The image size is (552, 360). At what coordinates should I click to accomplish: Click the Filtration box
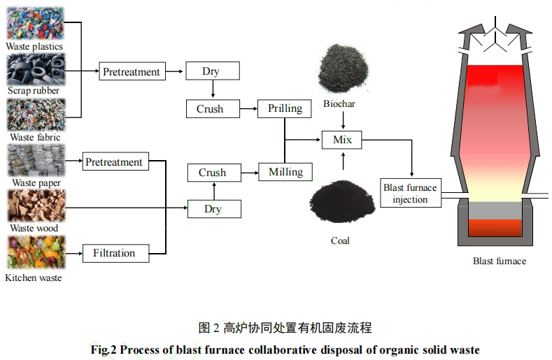coord(113,252)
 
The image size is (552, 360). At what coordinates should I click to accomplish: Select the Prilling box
coord(285,108)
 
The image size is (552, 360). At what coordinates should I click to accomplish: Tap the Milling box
coord(285,172)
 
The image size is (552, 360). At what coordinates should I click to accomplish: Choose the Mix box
coord(342,140)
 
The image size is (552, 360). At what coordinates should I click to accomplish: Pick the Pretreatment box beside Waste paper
coord(113,162)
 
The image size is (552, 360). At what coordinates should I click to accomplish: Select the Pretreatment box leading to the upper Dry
coord(131,71)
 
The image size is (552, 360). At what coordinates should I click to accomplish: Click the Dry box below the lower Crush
coord(212,208)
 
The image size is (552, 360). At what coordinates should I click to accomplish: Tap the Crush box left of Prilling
coord(210,108)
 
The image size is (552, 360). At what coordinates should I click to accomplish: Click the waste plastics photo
coord(36,22)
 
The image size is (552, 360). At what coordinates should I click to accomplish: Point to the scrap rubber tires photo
coord(36,68)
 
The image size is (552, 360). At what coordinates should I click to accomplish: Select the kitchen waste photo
coord(36,253)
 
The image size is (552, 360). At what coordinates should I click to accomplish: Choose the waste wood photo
coord(36,206)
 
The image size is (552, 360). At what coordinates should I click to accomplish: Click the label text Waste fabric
coord(33,138)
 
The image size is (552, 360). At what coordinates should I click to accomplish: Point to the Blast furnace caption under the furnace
coord(499,261)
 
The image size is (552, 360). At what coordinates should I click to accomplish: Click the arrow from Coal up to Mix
coord(342,160)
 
